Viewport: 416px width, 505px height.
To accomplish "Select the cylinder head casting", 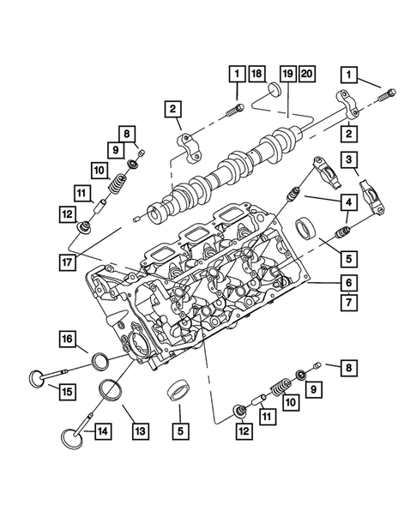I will point(197,292).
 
